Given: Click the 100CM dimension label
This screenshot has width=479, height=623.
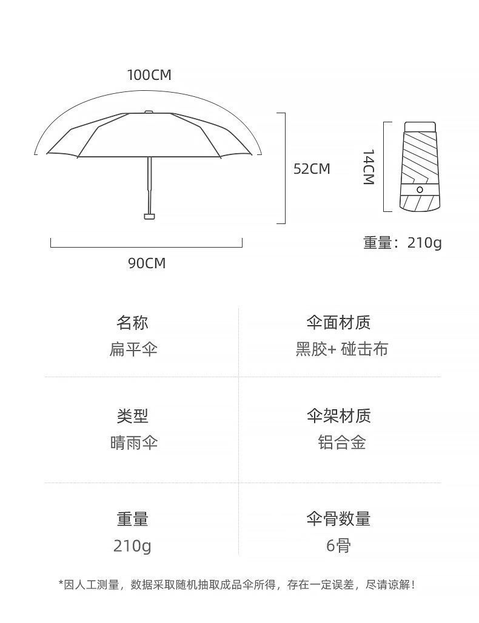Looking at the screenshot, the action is point(149,75).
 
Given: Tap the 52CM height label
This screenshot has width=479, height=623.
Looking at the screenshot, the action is point(312,169).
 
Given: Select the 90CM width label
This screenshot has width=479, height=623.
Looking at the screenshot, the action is point(147,263).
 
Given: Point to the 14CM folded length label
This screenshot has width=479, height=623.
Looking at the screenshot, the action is point(368,167).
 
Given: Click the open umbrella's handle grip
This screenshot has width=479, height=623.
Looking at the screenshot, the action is point(149,216).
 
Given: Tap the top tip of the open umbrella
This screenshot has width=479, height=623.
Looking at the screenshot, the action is point(149,111).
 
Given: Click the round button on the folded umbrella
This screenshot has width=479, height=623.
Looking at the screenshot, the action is point(419,190).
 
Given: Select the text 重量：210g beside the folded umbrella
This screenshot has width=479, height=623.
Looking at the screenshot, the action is point(403,243).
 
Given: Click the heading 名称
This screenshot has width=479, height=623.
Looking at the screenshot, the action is point(132,323).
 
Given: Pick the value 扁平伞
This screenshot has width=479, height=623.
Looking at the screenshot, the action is point(133,349).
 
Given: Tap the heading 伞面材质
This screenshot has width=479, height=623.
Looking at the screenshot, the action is point(338,323).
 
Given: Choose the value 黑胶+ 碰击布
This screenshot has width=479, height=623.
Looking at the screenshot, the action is point(341,349).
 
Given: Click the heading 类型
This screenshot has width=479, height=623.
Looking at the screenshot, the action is point(132,416).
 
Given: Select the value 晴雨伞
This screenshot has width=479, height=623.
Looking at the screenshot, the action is point(133,443).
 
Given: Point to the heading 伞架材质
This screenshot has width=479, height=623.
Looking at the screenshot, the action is point(338,416).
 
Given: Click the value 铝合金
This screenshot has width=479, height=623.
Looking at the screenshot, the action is point(341,443).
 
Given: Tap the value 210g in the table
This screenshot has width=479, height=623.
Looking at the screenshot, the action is point(132,546).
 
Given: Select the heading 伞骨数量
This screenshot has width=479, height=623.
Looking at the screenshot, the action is point(338,519).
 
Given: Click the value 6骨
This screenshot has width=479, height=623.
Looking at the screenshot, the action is point(338,546).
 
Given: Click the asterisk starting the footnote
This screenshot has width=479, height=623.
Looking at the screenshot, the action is point(61,584).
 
